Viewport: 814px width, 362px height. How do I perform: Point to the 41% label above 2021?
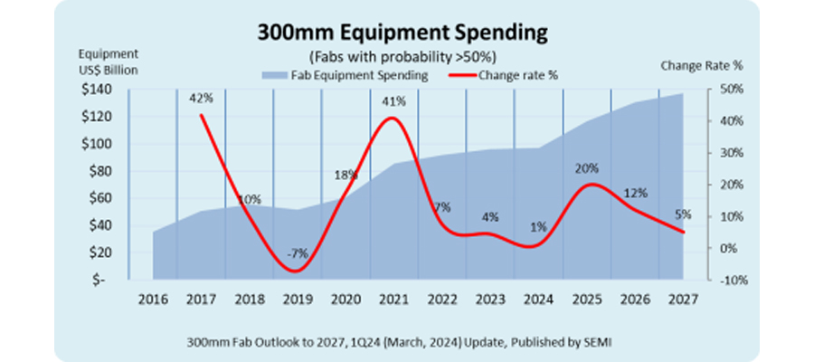[x=393, y=101]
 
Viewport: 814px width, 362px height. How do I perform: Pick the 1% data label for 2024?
[x=538, y=226]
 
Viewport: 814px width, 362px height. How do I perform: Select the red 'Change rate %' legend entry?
[x=506, y=74]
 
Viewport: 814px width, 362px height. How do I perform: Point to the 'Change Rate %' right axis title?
[x=701, y=65]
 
